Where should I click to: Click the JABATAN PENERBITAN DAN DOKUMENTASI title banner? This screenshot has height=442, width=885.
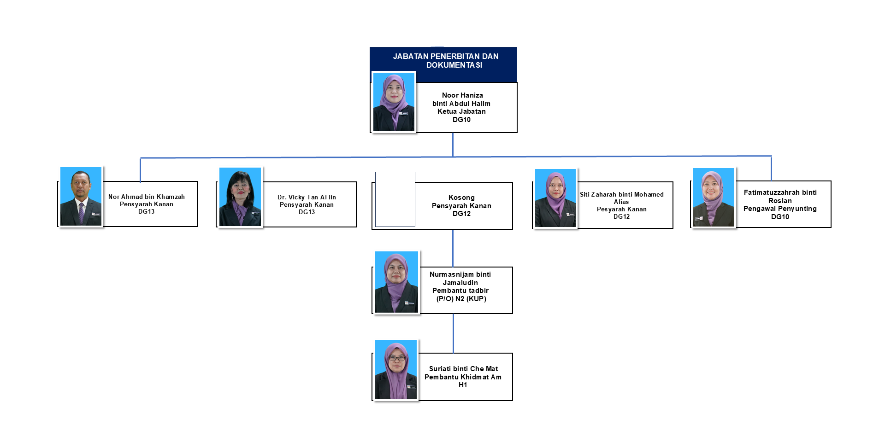(x=445, y=61)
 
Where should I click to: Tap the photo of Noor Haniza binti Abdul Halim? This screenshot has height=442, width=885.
(x=394, y=102)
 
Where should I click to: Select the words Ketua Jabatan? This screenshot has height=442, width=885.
(x=461, y=111)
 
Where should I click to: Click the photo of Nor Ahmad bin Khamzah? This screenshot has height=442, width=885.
(x=81, y=197)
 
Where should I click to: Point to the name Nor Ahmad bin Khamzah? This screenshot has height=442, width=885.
(x=147, y=197)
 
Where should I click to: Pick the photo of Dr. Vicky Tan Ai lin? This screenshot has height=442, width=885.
(x=240, y=197)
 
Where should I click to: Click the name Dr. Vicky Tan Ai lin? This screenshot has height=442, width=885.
(x=307, y=197)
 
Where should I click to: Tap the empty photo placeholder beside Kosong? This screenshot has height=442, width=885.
(x=395, y=199)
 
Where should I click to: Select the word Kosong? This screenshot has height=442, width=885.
(x=461, y=198)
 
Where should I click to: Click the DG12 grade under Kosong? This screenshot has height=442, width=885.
(x=461, y=214)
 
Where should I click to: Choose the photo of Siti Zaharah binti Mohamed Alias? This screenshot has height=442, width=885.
(x=555, y=198)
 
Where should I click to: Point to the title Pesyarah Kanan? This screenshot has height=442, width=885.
(x=621, y=209)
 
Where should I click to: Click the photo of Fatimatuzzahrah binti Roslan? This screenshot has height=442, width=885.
(x=714, y=198)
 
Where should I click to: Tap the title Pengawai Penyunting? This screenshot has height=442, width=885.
(x=780, y=209)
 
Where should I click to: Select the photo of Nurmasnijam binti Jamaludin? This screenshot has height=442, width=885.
(x=396, y=282)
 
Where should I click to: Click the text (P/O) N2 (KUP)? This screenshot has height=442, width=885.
(x=461, y=299)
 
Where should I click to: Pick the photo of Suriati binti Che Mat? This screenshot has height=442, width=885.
(x=396, y=370)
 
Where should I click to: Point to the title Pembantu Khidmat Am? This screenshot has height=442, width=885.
(x=463, y=377)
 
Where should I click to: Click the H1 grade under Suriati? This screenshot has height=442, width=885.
(x=463, y=385)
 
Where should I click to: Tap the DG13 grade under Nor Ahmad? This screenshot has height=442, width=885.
(x=147, y=212)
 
